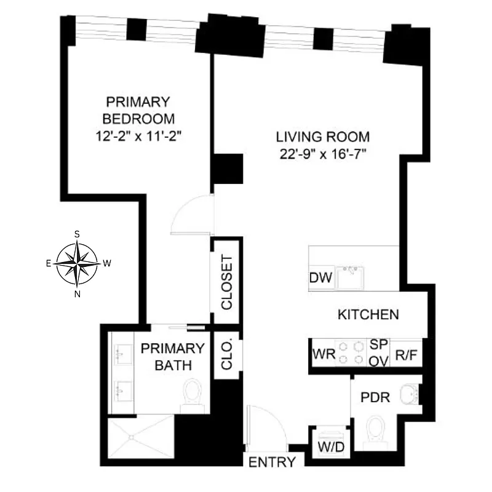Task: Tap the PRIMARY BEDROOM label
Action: [138, 109]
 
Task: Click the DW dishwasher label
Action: [320, 279]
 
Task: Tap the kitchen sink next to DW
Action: [351, 278]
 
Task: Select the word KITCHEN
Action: [368, 315]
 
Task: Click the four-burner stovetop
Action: [351, 354]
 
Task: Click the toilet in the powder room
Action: [375, 430]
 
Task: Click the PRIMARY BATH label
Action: [172, 357]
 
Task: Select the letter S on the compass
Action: [77, 234]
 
